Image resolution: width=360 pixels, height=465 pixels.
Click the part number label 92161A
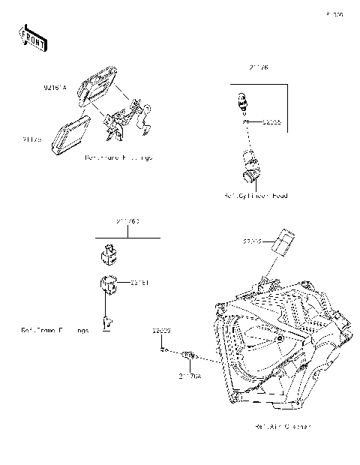pyautogui.click(x=55, y=88)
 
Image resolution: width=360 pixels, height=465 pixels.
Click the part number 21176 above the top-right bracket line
pyautogui.click(x=259, y=67)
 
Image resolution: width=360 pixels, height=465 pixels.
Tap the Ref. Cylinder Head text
pyautogui.click(x=255, y=196)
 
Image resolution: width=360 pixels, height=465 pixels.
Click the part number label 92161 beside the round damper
pyautogui.click(x=139, y=282)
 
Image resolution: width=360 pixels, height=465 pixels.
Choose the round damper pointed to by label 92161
pyautogui.click(x=106, y=286)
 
